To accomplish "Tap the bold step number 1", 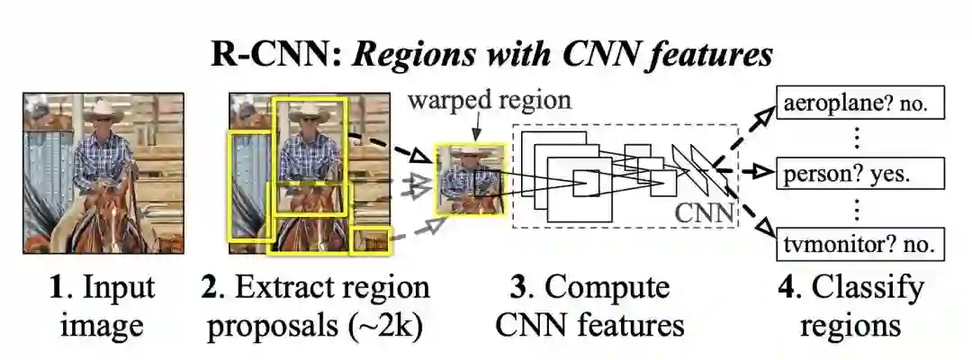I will (x=57, y=289).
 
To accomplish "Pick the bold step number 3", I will (x=518, y=289).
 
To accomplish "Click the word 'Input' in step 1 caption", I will (x=119, y=289).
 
